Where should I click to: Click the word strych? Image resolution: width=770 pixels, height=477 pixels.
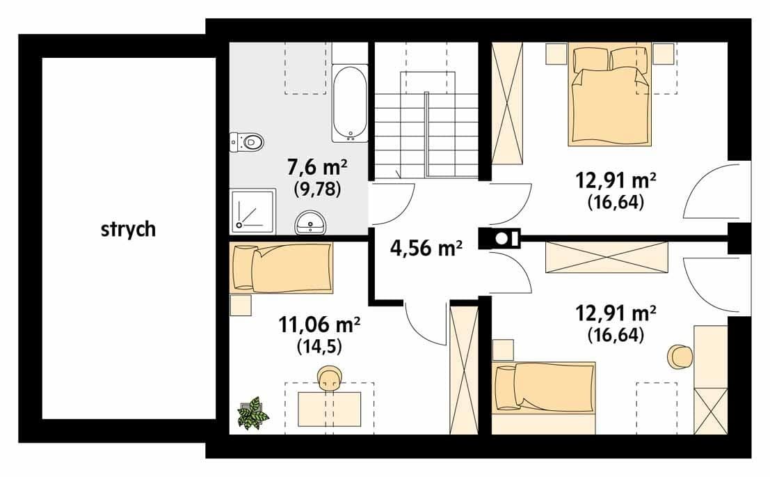128,230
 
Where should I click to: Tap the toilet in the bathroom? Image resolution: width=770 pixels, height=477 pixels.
246,142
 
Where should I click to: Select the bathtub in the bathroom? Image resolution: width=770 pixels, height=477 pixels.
350,103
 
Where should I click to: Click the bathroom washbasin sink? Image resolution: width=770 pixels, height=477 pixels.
311,223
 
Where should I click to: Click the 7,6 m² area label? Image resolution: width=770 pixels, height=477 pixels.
317,168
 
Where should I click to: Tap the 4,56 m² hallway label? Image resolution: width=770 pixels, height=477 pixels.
426,248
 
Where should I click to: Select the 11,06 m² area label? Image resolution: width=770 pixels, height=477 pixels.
319,324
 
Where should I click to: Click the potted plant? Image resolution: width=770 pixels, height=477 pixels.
253,413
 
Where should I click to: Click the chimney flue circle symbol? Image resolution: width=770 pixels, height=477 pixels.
502,238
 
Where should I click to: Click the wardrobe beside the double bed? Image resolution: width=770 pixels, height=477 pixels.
507,103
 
